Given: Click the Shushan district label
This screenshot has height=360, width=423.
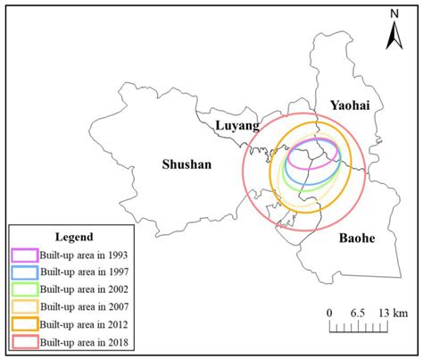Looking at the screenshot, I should coord(186,164).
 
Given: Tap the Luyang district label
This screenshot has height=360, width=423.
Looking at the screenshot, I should coord(234,127).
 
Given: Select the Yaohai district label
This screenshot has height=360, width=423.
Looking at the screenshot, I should coord(346,105).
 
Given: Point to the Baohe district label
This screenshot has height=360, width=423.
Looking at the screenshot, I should coord(357,239).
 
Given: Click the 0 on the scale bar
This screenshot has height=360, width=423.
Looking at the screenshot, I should coord(329,312).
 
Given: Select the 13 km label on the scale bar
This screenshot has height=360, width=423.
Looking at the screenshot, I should coord(391,312).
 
